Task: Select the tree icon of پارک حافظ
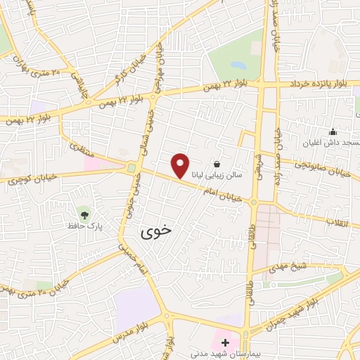coord(84,214)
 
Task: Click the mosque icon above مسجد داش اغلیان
coord(333,131)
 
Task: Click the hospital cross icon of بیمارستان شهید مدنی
coord(226,343)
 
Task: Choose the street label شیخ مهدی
coord(289,268)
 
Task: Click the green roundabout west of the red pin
coord(131,167)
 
